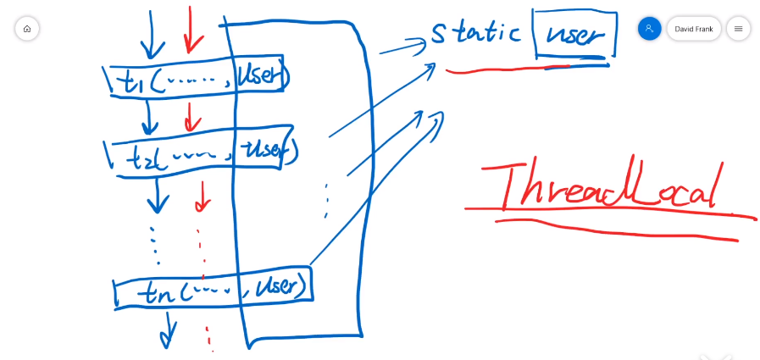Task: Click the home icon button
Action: click(27, 29)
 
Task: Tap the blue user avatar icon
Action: click(649, 29)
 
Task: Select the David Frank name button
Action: click(693, 29)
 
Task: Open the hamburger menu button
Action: click(738, 29)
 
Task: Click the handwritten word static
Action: click(475, 33)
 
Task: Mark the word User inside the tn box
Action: click(278, 286)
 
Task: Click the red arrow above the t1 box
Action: click(191, 30)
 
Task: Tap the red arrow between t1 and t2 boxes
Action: click(192, 116)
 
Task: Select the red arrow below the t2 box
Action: click(202, 196)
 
